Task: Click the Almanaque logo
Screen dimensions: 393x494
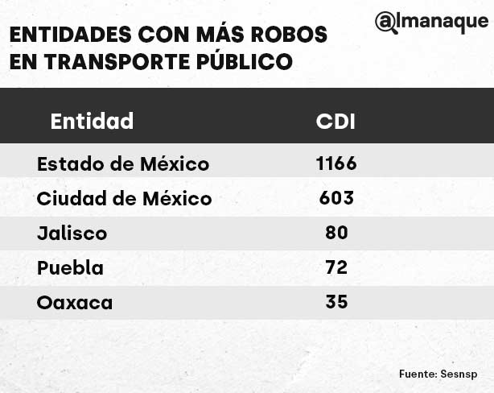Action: [431, 23]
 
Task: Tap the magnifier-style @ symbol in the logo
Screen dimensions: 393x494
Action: [386, 23]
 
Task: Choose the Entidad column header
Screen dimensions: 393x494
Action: [92, 122]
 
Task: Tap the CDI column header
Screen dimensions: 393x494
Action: [336, 122]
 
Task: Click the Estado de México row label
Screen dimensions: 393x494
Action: [123, 164]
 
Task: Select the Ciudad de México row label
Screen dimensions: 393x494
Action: [125, 198]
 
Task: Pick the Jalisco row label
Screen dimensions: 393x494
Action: [72, 234]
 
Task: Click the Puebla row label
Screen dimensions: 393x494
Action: [70, 268]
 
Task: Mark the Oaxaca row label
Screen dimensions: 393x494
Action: [75, 303]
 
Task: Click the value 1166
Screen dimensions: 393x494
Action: [336, 163]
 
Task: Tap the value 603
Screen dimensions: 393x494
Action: [336, 198]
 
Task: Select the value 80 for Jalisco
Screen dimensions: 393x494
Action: [336, 233]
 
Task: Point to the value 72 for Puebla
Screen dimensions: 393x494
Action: [336, 267]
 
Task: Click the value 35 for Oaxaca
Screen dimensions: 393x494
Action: [336, 302]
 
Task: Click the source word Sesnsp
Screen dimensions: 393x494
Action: [459, 374]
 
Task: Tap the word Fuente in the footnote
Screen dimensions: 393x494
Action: [418, 374]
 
